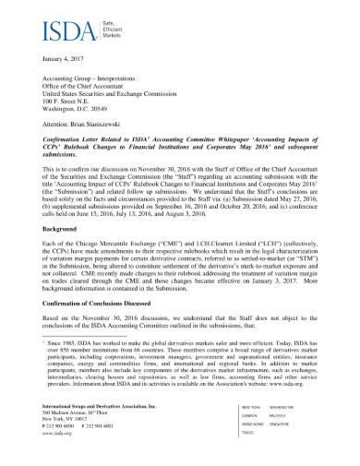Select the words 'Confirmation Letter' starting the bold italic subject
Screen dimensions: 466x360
(x=75, y=141)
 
